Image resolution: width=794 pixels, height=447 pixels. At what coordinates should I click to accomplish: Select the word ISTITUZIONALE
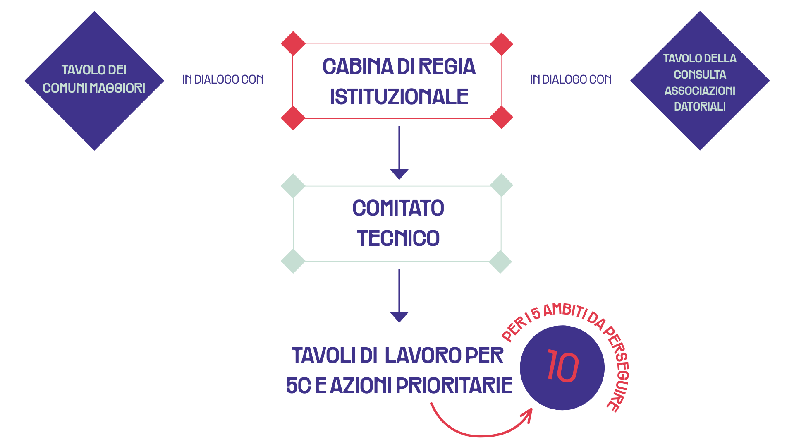click(x=399, y=97)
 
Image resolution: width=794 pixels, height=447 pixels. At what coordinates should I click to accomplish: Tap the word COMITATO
click(x=398, y=208)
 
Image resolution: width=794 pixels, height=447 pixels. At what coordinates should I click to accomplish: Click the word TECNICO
click(x=398, y=238)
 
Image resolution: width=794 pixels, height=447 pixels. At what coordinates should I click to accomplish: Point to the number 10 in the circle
click(x=562, y=367)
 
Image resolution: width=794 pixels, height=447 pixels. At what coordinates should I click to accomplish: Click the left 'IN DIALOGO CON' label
click(x=223, y=79)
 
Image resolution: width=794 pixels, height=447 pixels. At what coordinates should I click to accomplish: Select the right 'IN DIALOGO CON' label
click(x=571, y=79)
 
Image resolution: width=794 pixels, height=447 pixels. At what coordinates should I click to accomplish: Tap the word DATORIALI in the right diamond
click(x=700, y=107)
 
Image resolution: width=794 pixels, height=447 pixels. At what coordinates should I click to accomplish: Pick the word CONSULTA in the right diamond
click(x=700, y=75)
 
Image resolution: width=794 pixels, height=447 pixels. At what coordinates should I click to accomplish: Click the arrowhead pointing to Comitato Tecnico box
click(x=399, y=173)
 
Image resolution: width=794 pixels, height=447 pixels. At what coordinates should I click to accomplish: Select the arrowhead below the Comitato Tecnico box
click(x=399, y=316)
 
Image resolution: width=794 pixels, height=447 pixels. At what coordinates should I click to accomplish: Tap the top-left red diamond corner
click(x=293, y=43)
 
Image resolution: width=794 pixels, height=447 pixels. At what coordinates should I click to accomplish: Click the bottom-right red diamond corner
click(x=501, y=118)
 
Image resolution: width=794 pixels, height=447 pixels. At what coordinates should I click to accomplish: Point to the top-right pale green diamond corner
click(x=501, y=185)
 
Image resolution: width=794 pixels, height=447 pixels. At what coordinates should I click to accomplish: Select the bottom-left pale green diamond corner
click(x=293, y=261)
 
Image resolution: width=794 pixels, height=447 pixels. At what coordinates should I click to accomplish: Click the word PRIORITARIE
click(x=454, y=386)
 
